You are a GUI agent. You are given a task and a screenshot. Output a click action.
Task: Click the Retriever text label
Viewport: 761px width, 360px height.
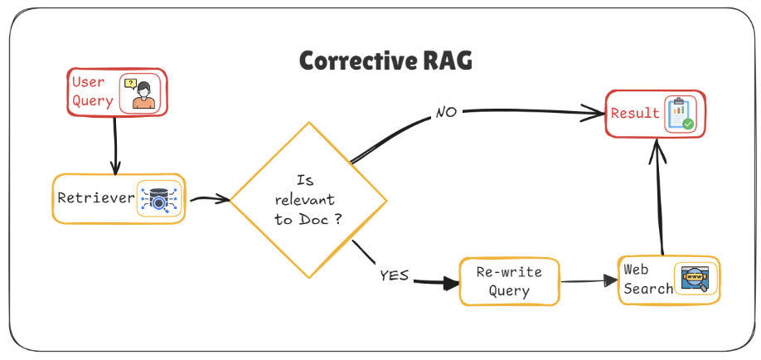click(95, 198)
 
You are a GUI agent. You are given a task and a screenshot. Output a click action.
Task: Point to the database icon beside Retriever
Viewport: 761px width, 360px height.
click(158, 199)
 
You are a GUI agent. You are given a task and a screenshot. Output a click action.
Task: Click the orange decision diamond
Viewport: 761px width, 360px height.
click(308, 200)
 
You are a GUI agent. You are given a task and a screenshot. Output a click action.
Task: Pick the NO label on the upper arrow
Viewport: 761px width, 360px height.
click(446, 112)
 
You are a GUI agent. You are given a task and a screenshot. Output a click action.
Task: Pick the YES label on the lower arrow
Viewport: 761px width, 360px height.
click(394, 274)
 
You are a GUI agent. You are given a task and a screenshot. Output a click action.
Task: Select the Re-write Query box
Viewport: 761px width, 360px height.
click(509, 281)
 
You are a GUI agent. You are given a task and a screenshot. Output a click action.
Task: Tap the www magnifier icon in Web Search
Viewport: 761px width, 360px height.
click(694, 280)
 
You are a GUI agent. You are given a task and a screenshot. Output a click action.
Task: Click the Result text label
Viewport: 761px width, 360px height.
click(635, 113)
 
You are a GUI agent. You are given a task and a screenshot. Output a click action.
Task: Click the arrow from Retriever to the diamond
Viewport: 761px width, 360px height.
click(208, 199)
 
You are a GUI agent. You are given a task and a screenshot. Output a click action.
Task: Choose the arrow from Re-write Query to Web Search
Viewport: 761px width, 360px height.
click(589, 280)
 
